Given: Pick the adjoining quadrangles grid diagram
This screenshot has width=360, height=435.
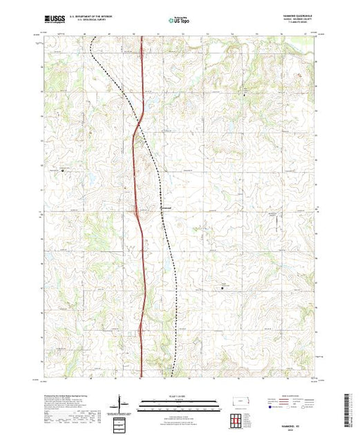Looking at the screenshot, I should pyautogui.click(x=236, y=419).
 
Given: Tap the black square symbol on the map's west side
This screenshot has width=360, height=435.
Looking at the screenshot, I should pyautogui.click(x=62, y=169).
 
